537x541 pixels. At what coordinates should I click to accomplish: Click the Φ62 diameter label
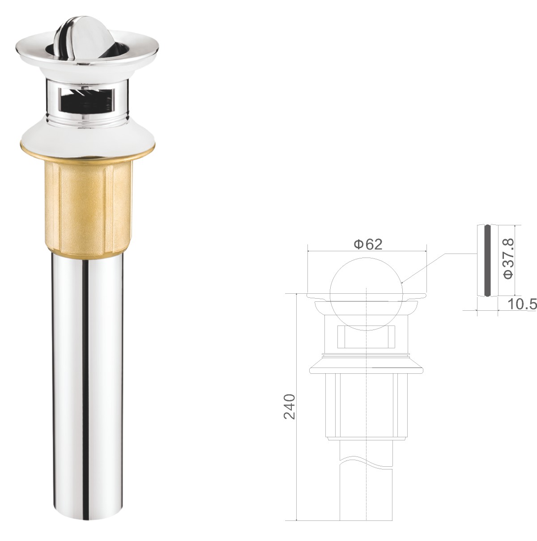point(368,245)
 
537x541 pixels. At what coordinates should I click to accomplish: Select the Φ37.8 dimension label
point(509,258)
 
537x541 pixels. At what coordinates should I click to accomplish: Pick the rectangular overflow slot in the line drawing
point(366,336)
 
